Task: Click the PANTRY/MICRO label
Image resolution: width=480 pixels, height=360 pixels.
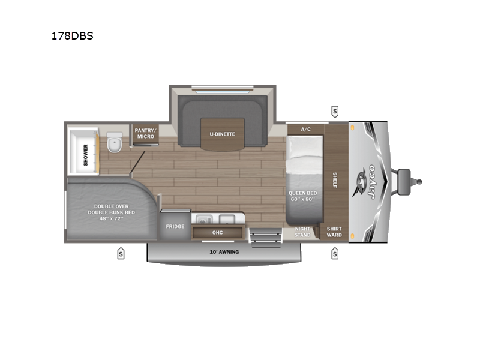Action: click(145, 133)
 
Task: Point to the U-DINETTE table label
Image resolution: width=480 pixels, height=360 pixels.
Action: click(222, 134)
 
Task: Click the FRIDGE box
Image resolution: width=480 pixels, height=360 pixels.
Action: click(175, 227)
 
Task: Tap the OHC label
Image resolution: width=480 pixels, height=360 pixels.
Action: click(217, 232)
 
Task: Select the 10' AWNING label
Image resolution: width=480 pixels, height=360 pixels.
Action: click(224, 251)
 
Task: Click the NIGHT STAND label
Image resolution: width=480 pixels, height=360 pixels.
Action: click(302, 231)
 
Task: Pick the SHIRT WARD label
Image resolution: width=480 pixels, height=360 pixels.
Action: click(334, 231)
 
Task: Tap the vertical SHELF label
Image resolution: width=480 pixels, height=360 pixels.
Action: click(335, 180)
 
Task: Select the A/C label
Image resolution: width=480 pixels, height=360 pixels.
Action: click(306, 129)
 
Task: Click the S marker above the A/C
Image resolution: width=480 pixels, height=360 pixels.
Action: click(334, 110)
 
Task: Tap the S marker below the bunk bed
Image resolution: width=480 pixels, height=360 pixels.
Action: click(121, 253)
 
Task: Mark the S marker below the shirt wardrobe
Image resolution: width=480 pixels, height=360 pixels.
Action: click(334, 253)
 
